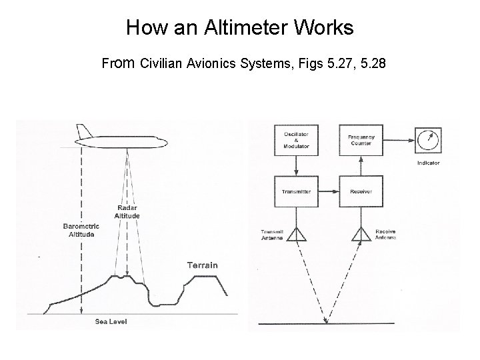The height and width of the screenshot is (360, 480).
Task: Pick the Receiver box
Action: coord(361,191)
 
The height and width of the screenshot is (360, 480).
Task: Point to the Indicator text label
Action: coord(428,163)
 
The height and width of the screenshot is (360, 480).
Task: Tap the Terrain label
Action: coord(202,265)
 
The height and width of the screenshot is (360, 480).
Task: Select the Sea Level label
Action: coord(111,322)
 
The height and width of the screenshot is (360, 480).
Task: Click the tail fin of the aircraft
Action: coord(83,129)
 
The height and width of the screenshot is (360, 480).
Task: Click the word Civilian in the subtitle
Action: coord(163,64)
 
